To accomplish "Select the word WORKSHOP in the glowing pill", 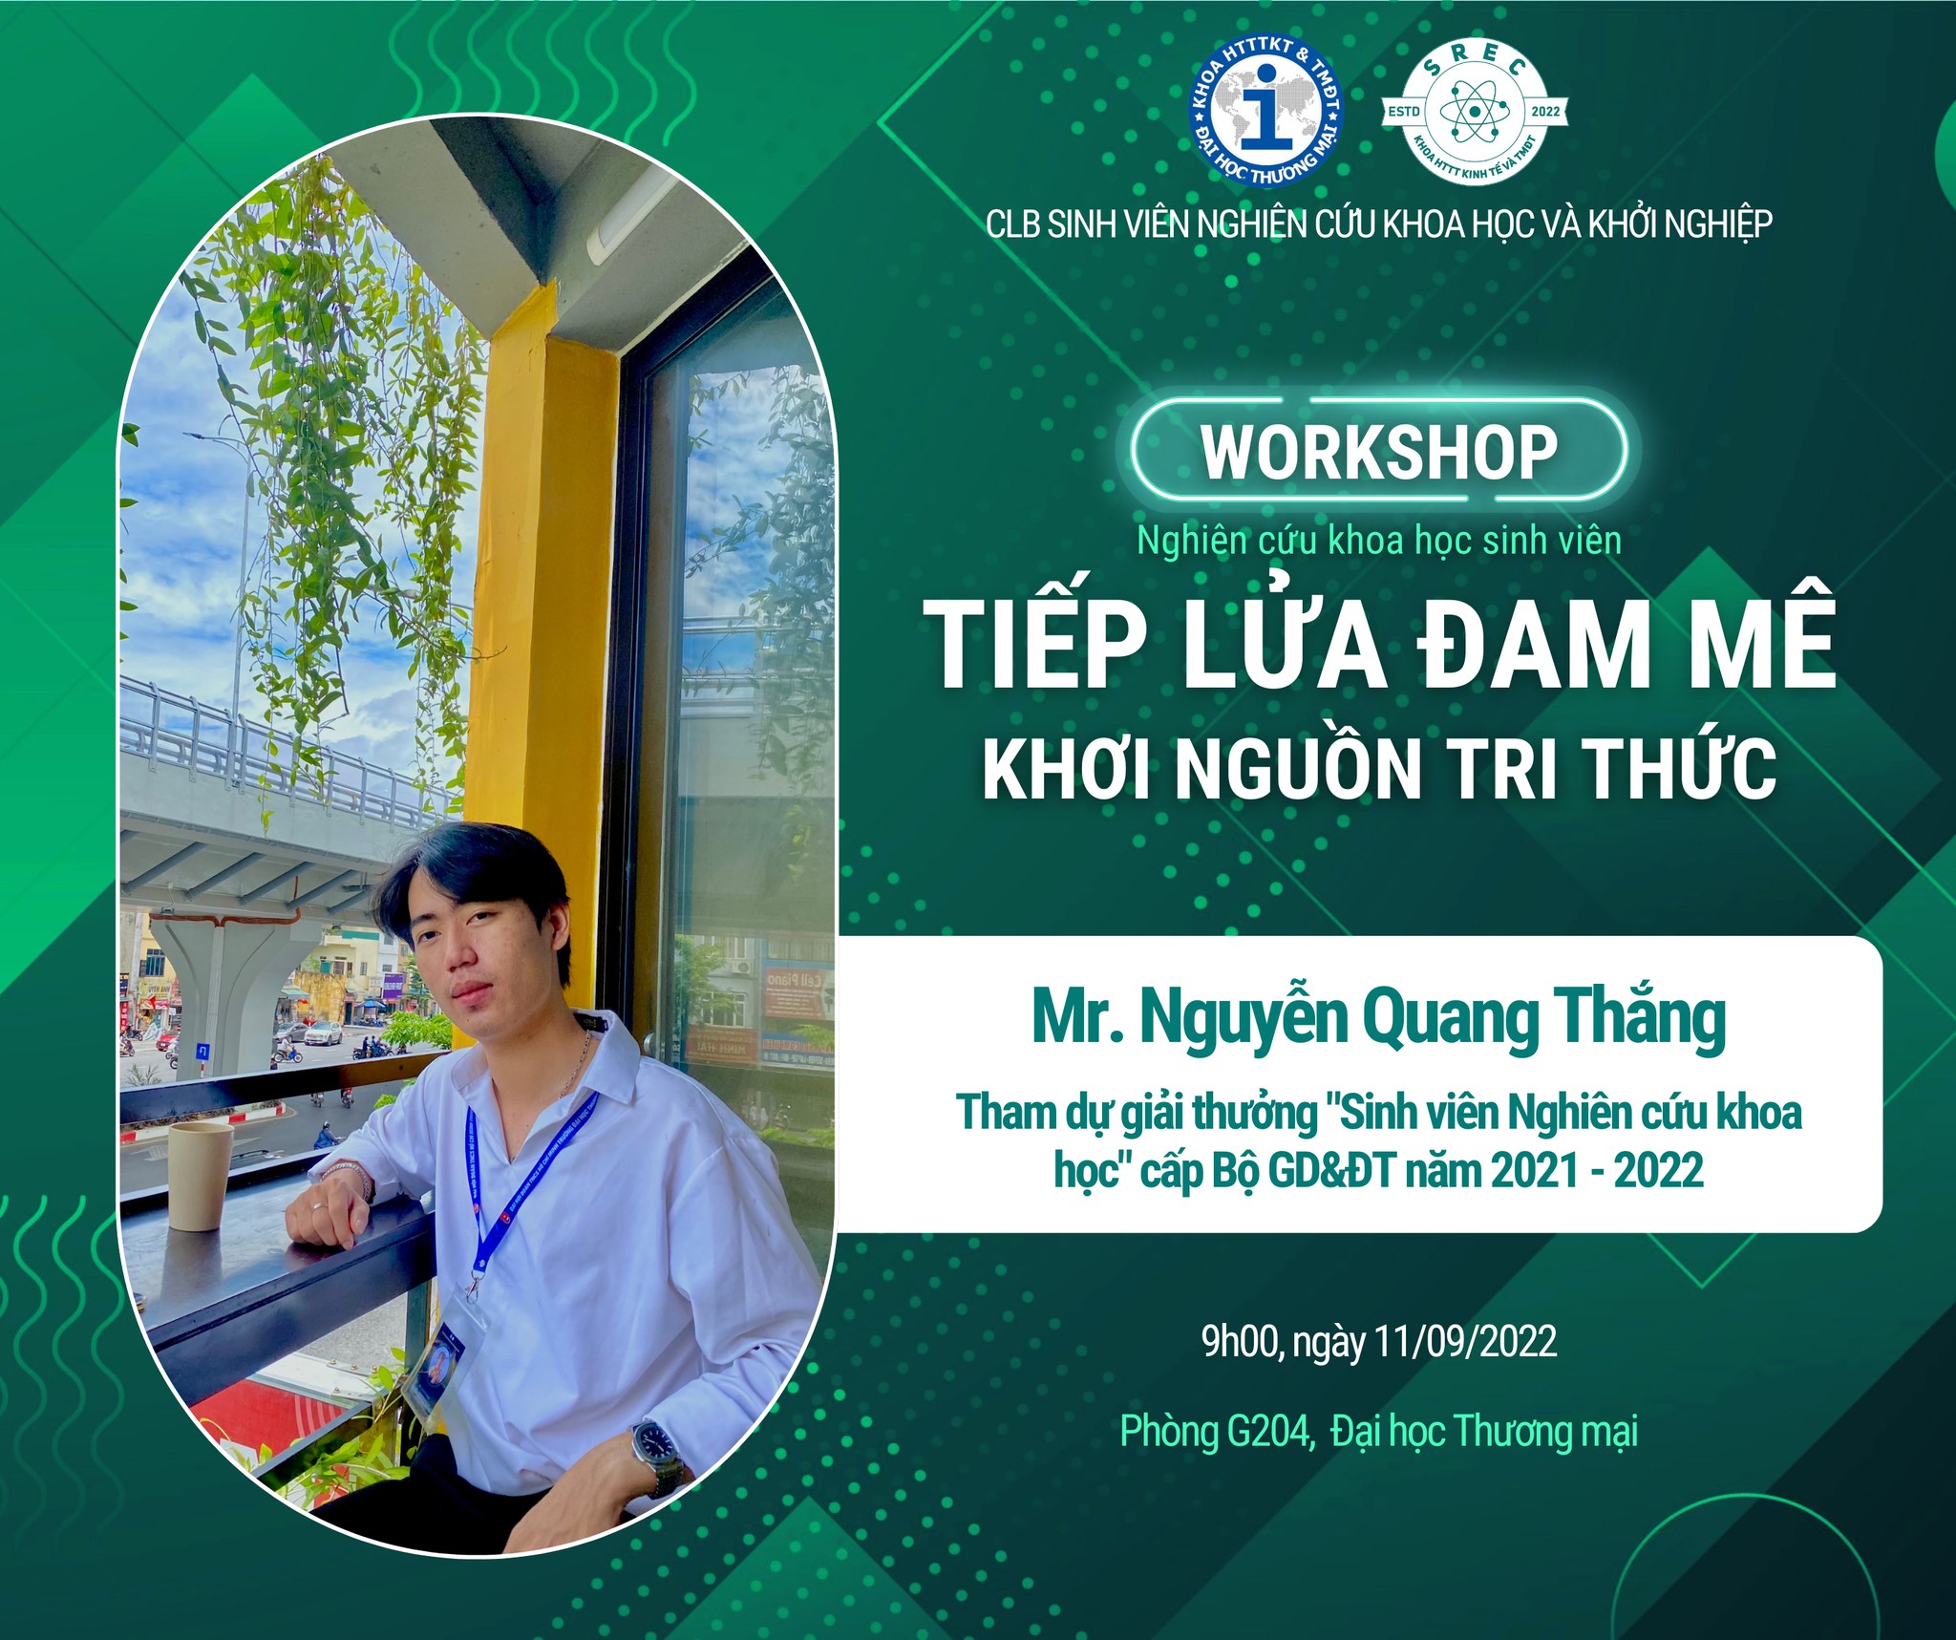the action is pyautogui.click(x=1379, y=452).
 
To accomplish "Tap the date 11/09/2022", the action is pyautogui.click(x=1465, y=1341).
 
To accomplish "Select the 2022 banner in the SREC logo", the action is pyautogui.click(x=1544, y=112).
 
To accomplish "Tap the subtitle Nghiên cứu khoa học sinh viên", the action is pyautogui.click(x=1379, y=542).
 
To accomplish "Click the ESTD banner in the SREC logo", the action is pyautogui.click(x=1404, y=112).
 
